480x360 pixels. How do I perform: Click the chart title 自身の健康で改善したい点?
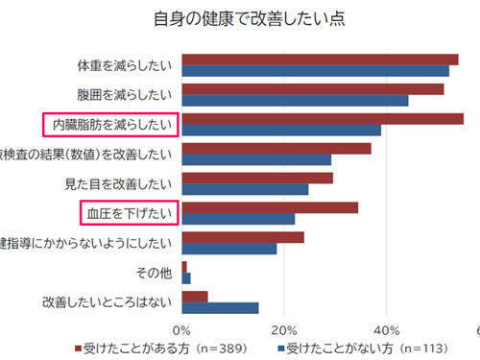point(249,18)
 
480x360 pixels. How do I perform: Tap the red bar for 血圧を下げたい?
point(270,207)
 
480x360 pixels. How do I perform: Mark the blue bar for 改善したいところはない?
point(220,307)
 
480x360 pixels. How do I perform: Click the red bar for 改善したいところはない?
point(195,296)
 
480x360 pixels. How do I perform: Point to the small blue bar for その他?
point(186,278)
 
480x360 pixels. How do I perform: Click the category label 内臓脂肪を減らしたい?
point(110,124)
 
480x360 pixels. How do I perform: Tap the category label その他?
point(155,273)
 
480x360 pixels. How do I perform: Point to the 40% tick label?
point(386,329)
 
